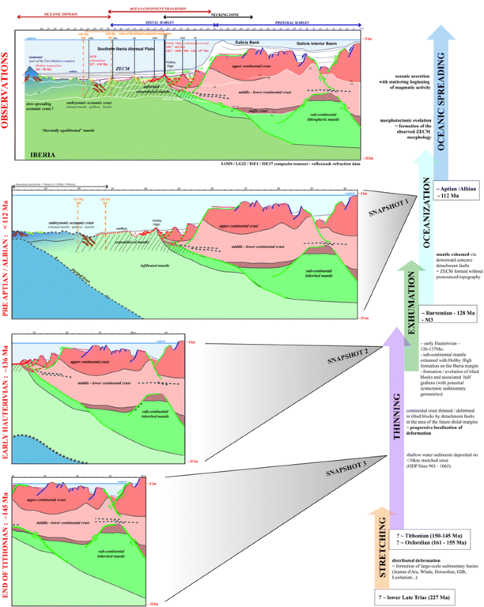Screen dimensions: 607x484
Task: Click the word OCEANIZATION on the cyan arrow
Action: coord(427,219)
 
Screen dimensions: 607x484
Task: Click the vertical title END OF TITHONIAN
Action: coord(6,537)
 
